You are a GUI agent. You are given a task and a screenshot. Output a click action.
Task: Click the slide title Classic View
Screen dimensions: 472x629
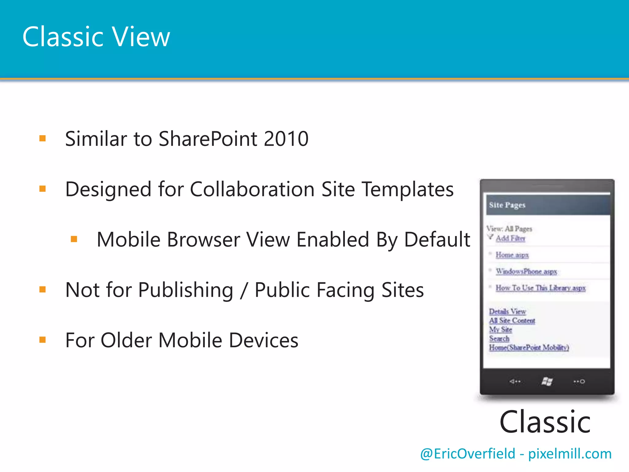coord(96,37)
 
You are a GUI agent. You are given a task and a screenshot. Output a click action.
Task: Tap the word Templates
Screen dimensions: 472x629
coord(408,189)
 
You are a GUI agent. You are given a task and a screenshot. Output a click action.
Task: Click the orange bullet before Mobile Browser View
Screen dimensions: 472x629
coord(74,239)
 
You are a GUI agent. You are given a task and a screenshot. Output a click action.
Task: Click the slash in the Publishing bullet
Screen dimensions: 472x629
coord(244,290)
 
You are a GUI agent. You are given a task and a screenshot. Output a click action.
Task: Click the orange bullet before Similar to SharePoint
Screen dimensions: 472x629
coord(42,139)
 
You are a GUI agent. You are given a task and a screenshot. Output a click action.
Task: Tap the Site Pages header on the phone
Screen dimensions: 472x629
coord(507,205)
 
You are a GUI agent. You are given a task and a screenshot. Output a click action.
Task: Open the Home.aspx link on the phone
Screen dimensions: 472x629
coord(512,255)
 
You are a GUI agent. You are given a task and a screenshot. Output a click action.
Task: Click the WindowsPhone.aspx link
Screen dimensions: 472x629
coord(526,271)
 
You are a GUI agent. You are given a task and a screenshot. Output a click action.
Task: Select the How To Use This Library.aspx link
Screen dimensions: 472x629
coord(541,288)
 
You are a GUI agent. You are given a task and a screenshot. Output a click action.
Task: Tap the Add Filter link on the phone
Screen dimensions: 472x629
coord(510,238)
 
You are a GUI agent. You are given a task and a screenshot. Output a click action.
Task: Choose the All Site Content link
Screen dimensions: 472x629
coord(512,321)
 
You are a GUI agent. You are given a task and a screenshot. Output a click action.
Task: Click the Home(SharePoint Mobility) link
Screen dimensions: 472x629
coord(529,348)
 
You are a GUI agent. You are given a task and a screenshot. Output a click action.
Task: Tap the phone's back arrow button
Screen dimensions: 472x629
coord(515,382)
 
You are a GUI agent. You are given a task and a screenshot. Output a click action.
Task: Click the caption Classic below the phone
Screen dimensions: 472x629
coord(545,422)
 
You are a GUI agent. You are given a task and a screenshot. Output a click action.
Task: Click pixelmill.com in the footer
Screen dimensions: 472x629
coord(570,454)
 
